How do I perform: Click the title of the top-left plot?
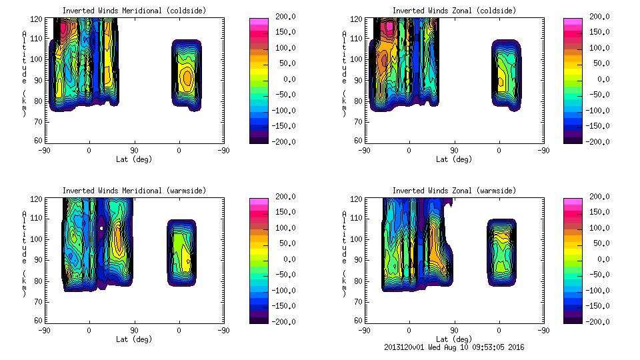click(x=134, y=11)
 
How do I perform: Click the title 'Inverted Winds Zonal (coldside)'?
click(x=453, y=11)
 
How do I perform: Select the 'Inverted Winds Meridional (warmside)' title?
click(x=134, y=191)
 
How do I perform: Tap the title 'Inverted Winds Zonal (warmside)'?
click(x=453, y=191)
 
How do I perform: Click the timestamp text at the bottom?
click(x=454, y=347)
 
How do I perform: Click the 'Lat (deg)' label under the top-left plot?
click(x=134, y=159)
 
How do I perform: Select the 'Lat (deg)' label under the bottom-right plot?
click(x=454, y=339)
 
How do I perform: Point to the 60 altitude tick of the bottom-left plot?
click(x=39, y=321)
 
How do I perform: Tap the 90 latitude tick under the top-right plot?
click(x=454, y=151)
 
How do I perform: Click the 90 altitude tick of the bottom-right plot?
click(x=359, y=259)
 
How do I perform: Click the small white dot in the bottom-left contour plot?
click(x=101, y=227)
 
